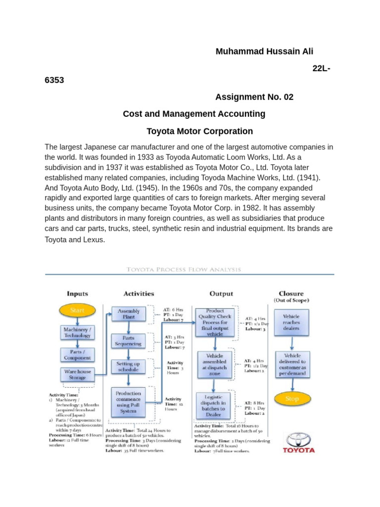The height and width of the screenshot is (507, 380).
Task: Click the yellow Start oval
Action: click(77, 310)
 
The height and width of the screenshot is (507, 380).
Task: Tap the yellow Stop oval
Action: click(292, 399)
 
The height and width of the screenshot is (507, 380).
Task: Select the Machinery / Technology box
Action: click(77, 332)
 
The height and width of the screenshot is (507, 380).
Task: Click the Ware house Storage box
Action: click(77, 374)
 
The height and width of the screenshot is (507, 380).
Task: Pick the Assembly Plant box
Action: click(128, 314)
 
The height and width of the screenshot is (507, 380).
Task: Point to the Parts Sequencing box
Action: click(128, 341)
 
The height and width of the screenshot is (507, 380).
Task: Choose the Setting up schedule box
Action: click(128, 366)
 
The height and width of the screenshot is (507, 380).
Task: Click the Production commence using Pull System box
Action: click(128, 402)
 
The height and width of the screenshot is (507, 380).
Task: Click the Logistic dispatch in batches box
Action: click(215, 406)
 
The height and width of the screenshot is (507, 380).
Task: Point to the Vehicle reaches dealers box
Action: click(291, 322)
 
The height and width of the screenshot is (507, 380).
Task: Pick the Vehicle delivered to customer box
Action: click(291, 365)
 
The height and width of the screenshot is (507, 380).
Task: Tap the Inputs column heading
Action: click(77, 294)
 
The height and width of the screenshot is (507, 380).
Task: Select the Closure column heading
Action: click(291, 294)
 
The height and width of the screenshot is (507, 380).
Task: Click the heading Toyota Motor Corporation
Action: click(199, 131)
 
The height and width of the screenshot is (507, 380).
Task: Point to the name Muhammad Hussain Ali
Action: click(265, 51)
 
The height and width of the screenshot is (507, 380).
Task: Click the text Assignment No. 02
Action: click(254, 97)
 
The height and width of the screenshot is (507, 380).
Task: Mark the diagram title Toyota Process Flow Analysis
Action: click(184, 269)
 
